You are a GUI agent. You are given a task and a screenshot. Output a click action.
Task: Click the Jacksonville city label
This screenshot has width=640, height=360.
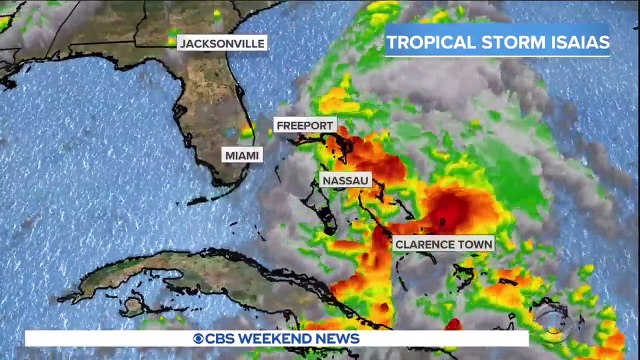click(x=222, y=43)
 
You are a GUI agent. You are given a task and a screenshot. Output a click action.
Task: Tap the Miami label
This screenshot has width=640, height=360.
click(x=242, y=155)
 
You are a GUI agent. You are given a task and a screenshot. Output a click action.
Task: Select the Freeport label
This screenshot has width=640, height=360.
click(x=305, y=125)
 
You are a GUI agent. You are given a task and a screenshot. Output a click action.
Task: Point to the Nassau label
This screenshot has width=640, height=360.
click(x=346, y=180)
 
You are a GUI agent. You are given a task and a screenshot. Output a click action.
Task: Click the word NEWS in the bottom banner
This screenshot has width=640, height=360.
click(x=338, y=339)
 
